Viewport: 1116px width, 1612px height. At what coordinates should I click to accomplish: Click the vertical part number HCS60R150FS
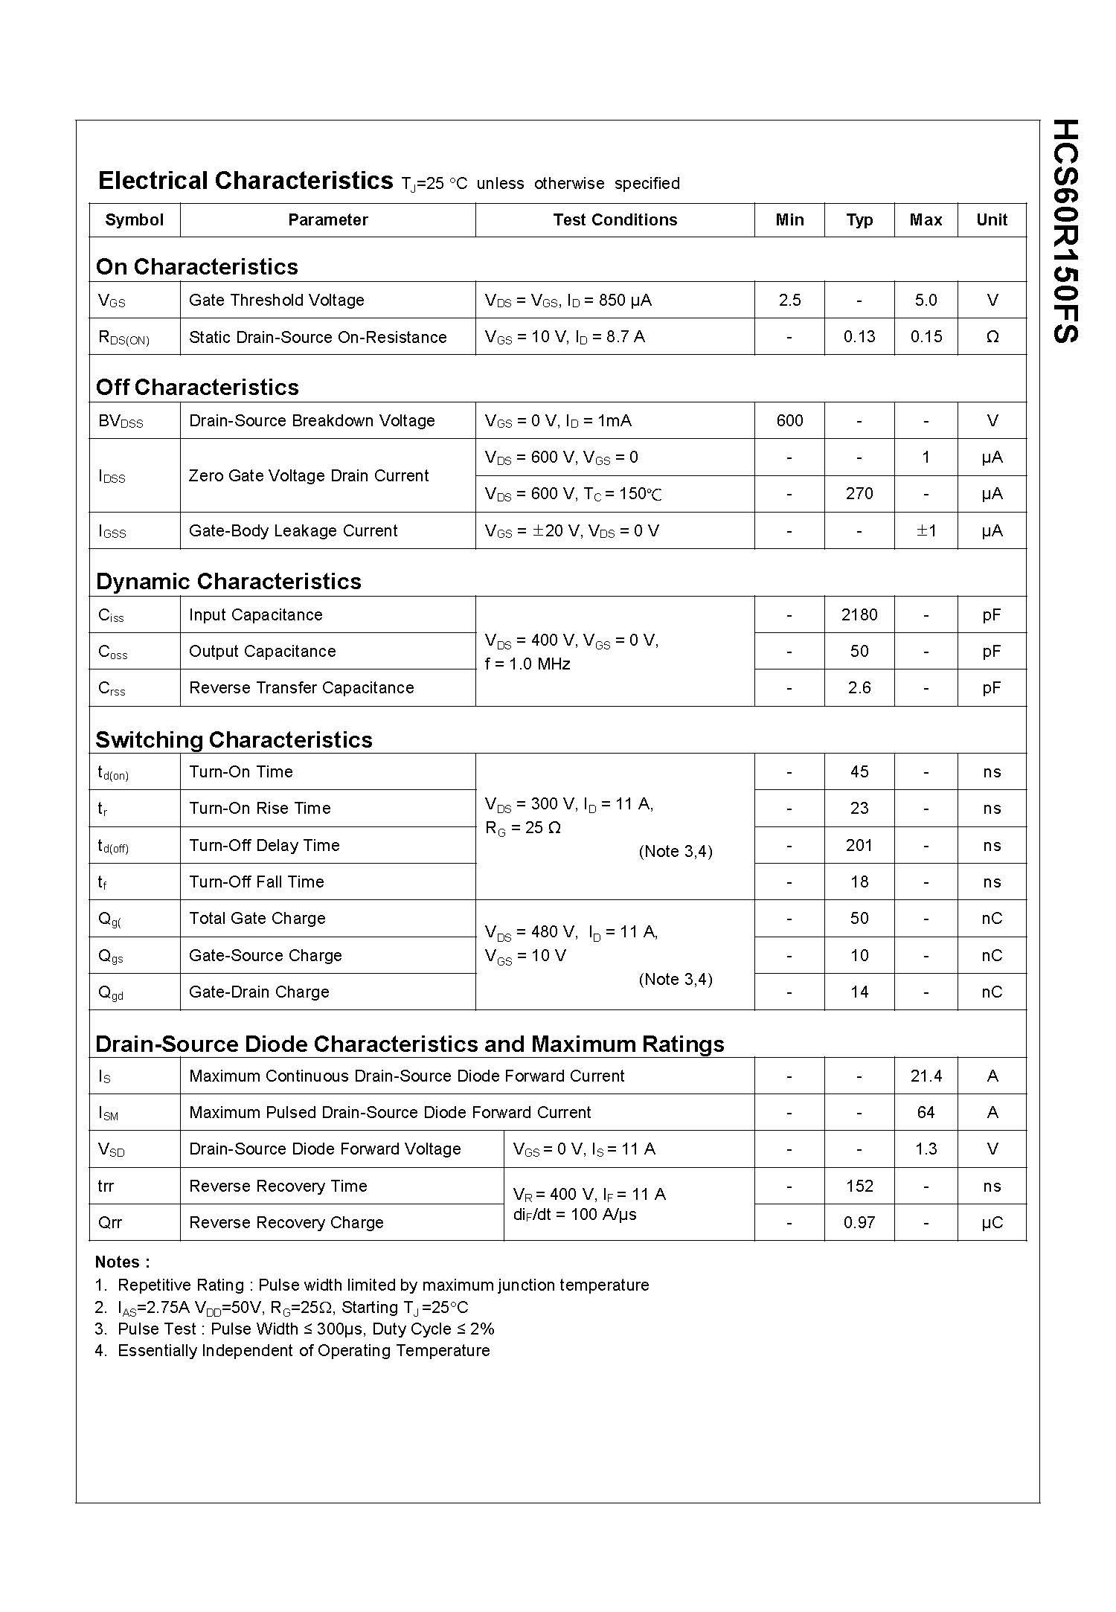point(1065,231)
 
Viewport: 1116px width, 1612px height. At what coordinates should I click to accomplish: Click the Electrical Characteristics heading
point(246,181)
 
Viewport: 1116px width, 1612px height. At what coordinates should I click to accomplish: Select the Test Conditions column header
point(615,220)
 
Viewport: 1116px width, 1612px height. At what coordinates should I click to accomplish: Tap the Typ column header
point(859,220)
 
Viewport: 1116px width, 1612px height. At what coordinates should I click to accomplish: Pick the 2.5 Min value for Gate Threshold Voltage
point(789,300)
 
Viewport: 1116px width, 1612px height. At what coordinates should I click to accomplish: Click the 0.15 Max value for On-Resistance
point(926,337)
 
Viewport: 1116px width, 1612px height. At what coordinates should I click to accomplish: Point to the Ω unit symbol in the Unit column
point(992,337)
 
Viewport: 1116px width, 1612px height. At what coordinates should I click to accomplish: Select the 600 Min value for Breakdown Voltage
point(789,421)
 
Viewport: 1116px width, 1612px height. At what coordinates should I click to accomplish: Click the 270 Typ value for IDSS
point(859,494)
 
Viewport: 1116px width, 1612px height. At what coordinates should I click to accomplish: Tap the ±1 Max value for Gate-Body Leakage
point(926,530)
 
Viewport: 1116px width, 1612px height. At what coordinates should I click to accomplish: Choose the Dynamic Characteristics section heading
point(228,582)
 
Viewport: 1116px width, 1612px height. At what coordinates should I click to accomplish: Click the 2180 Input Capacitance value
point(859,615)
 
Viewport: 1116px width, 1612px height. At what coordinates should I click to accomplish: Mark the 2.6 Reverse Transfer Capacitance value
point(859,688)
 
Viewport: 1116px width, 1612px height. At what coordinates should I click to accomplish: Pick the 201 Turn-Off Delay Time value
point(859,846)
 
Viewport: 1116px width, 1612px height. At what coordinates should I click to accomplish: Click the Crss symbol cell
point(112,689)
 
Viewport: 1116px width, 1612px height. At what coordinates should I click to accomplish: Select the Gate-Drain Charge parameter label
point(259,992)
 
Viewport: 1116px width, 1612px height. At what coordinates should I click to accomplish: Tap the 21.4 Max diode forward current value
point(926,1076)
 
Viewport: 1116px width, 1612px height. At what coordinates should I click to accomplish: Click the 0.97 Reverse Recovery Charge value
point(859,1223)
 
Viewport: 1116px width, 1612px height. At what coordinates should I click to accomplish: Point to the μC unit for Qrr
point(992,1223)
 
